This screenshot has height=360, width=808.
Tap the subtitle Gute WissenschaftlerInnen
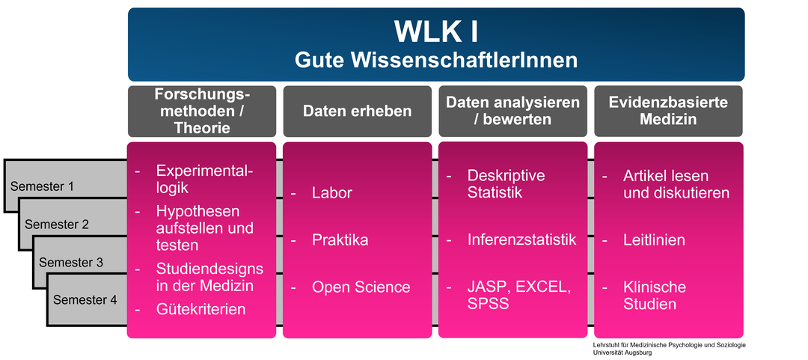click(436, 61)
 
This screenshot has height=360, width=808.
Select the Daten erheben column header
click(357, 111)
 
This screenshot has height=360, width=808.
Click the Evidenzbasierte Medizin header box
click(668, 111)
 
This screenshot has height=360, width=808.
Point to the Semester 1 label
click(42, 186)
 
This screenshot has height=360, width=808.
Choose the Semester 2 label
click(57, 225)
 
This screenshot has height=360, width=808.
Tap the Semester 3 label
click(71, 263)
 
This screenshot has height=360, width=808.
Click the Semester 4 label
click(85, 299)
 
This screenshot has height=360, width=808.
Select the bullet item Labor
click(332, 193)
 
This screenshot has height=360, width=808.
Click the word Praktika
click(340, 240)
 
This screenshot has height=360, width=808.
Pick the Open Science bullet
click(361, 287)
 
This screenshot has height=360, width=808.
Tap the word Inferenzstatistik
click(522, 240)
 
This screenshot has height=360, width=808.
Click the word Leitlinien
click(654, 240)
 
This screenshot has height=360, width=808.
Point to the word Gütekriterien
click(201, 309)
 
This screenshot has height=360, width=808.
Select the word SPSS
click(488, 304)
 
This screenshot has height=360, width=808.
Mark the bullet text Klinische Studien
click(655, 296)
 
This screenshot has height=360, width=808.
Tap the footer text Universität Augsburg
click(622, 353)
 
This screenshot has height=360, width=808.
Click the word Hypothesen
click(198, 212)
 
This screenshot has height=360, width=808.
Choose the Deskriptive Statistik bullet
click(506, 184)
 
